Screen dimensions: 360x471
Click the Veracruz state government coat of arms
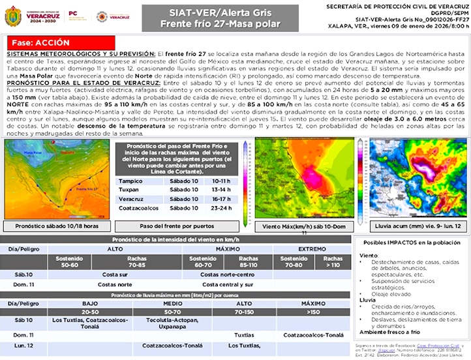tap(12, 16)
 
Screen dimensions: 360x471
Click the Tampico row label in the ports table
tap(130, 181)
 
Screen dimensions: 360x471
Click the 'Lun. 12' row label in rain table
tap(24, 345)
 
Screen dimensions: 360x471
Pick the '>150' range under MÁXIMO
tap(312, 311)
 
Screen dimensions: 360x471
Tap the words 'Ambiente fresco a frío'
tap(389, 331)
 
